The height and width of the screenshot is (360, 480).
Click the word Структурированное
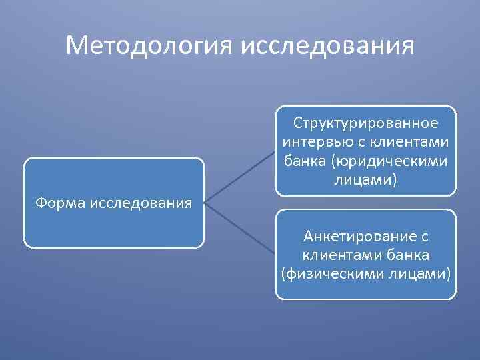tap(366, 123)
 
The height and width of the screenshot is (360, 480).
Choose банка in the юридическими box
tap(303, 161)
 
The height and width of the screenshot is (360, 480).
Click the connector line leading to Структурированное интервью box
tap(240, 176)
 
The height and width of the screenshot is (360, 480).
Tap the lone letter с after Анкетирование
tap(424, 236)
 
